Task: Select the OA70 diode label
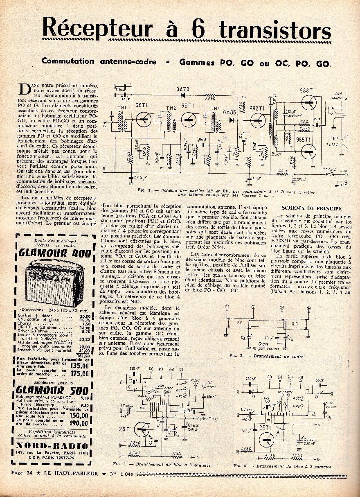coord(182,89)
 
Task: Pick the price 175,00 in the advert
coord(79,373)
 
